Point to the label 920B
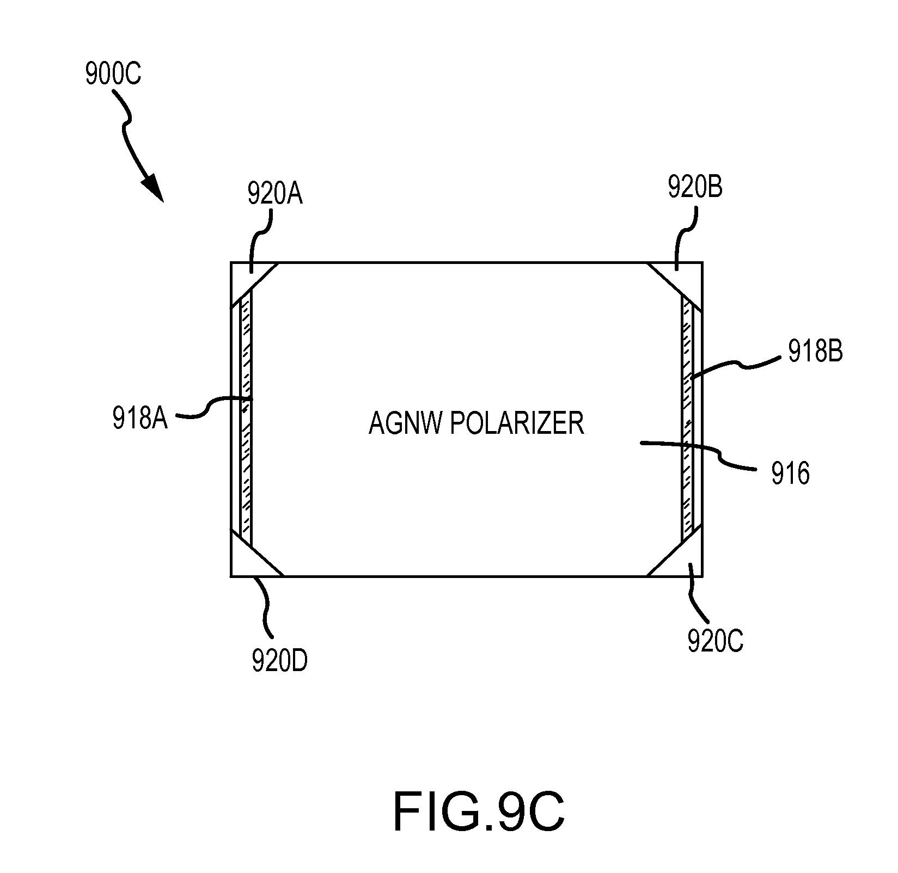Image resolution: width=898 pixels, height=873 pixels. [695, 187]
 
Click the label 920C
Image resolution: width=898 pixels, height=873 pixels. [715, 641]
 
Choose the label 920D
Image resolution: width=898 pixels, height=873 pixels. [279, 661]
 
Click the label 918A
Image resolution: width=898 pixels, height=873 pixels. [140, 418]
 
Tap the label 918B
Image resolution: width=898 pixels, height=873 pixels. [816, 352]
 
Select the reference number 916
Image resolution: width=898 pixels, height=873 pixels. [791, 474]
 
